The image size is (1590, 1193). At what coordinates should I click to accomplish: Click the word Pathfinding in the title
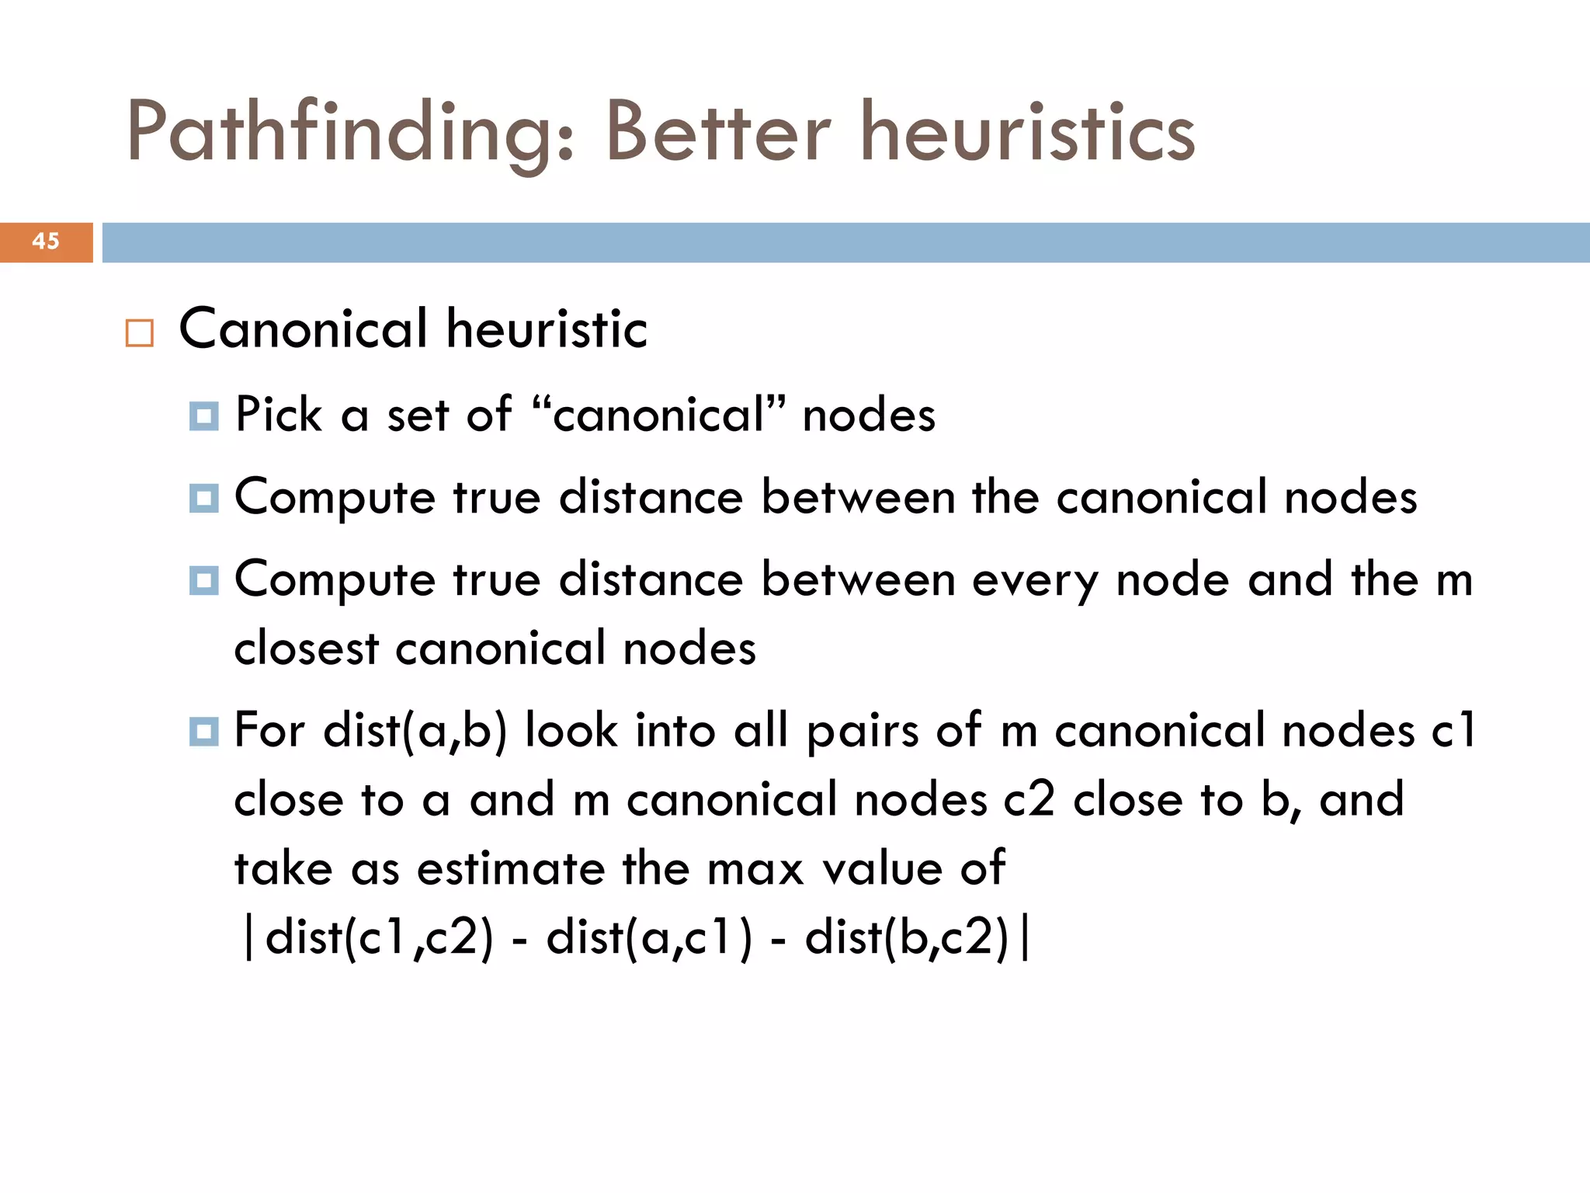coord(349,134)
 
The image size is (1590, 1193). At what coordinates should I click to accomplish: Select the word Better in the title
coord(718,134)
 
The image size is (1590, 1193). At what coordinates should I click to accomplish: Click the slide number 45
coord(46,242)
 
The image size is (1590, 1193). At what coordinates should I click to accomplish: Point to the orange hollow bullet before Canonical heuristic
coord(140,333)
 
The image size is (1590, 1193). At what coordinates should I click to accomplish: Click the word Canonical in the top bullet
coord(304,329)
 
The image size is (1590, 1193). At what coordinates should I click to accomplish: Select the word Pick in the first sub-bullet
coord(278,414)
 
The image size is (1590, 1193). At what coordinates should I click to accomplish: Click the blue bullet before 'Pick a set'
coord(203,416)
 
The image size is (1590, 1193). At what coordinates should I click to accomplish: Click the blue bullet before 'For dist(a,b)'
coord(203,732)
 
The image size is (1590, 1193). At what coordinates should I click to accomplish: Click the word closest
coord(306,649)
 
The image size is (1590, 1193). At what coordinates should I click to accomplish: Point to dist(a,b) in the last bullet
coord(415,731)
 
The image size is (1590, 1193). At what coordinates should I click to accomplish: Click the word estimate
coord(510,868)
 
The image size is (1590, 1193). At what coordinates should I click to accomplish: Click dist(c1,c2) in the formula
coord(379,937)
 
